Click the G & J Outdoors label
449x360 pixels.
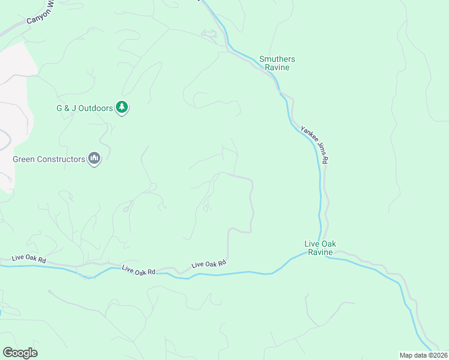tap(85, 109)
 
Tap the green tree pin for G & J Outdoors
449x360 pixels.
tap(122, 107)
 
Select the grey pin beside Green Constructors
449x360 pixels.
tap(94, 158)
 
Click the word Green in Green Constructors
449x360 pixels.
tap(25, 160)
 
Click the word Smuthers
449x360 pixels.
tap(277, 59)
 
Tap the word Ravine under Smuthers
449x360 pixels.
tap(277, 68)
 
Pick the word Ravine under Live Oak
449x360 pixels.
tap(320, 253)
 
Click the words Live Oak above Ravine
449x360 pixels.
tap(320, 244)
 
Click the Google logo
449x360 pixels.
tap(20, 353)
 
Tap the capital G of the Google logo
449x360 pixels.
tap(7, 352)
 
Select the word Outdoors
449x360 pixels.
tap(96, 109)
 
